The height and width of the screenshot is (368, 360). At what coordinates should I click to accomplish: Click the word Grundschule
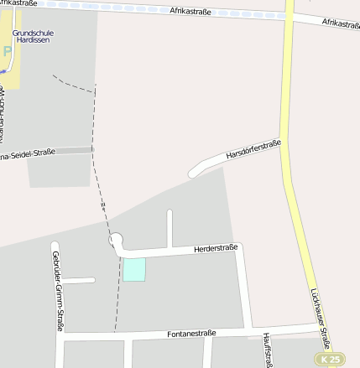pos(33,33)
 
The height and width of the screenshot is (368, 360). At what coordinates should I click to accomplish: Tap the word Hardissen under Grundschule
pos(33,40)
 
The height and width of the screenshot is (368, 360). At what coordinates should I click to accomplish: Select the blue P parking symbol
pos(8,52)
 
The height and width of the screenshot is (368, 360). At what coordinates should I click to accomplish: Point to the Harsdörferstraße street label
pos(253,150)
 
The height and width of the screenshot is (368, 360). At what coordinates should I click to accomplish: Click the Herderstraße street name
pos(216,248)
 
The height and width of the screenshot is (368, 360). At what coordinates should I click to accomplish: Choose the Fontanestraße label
pos(191,334)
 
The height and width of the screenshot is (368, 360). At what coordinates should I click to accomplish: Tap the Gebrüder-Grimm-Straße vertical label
pos(57,290)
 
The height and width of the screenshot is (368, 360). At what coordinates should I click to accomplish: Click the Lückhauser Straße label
pos(320,319)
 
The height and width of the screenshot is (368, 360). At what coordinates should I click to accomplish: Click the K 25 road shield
pos(329,359)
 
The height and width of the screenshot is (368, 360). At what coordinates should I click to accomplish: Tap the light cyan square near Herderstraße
pos(134,269)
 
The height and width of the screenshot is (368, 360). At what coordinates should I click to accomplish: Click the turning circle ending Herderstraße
pos(116,241)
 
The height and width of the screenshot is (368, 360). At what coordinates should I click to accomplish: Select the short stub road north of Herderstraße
pos(170,228)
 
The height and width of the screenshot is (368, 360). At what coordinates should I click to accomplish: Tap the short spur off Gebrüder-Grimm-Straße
pos(78,280)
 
